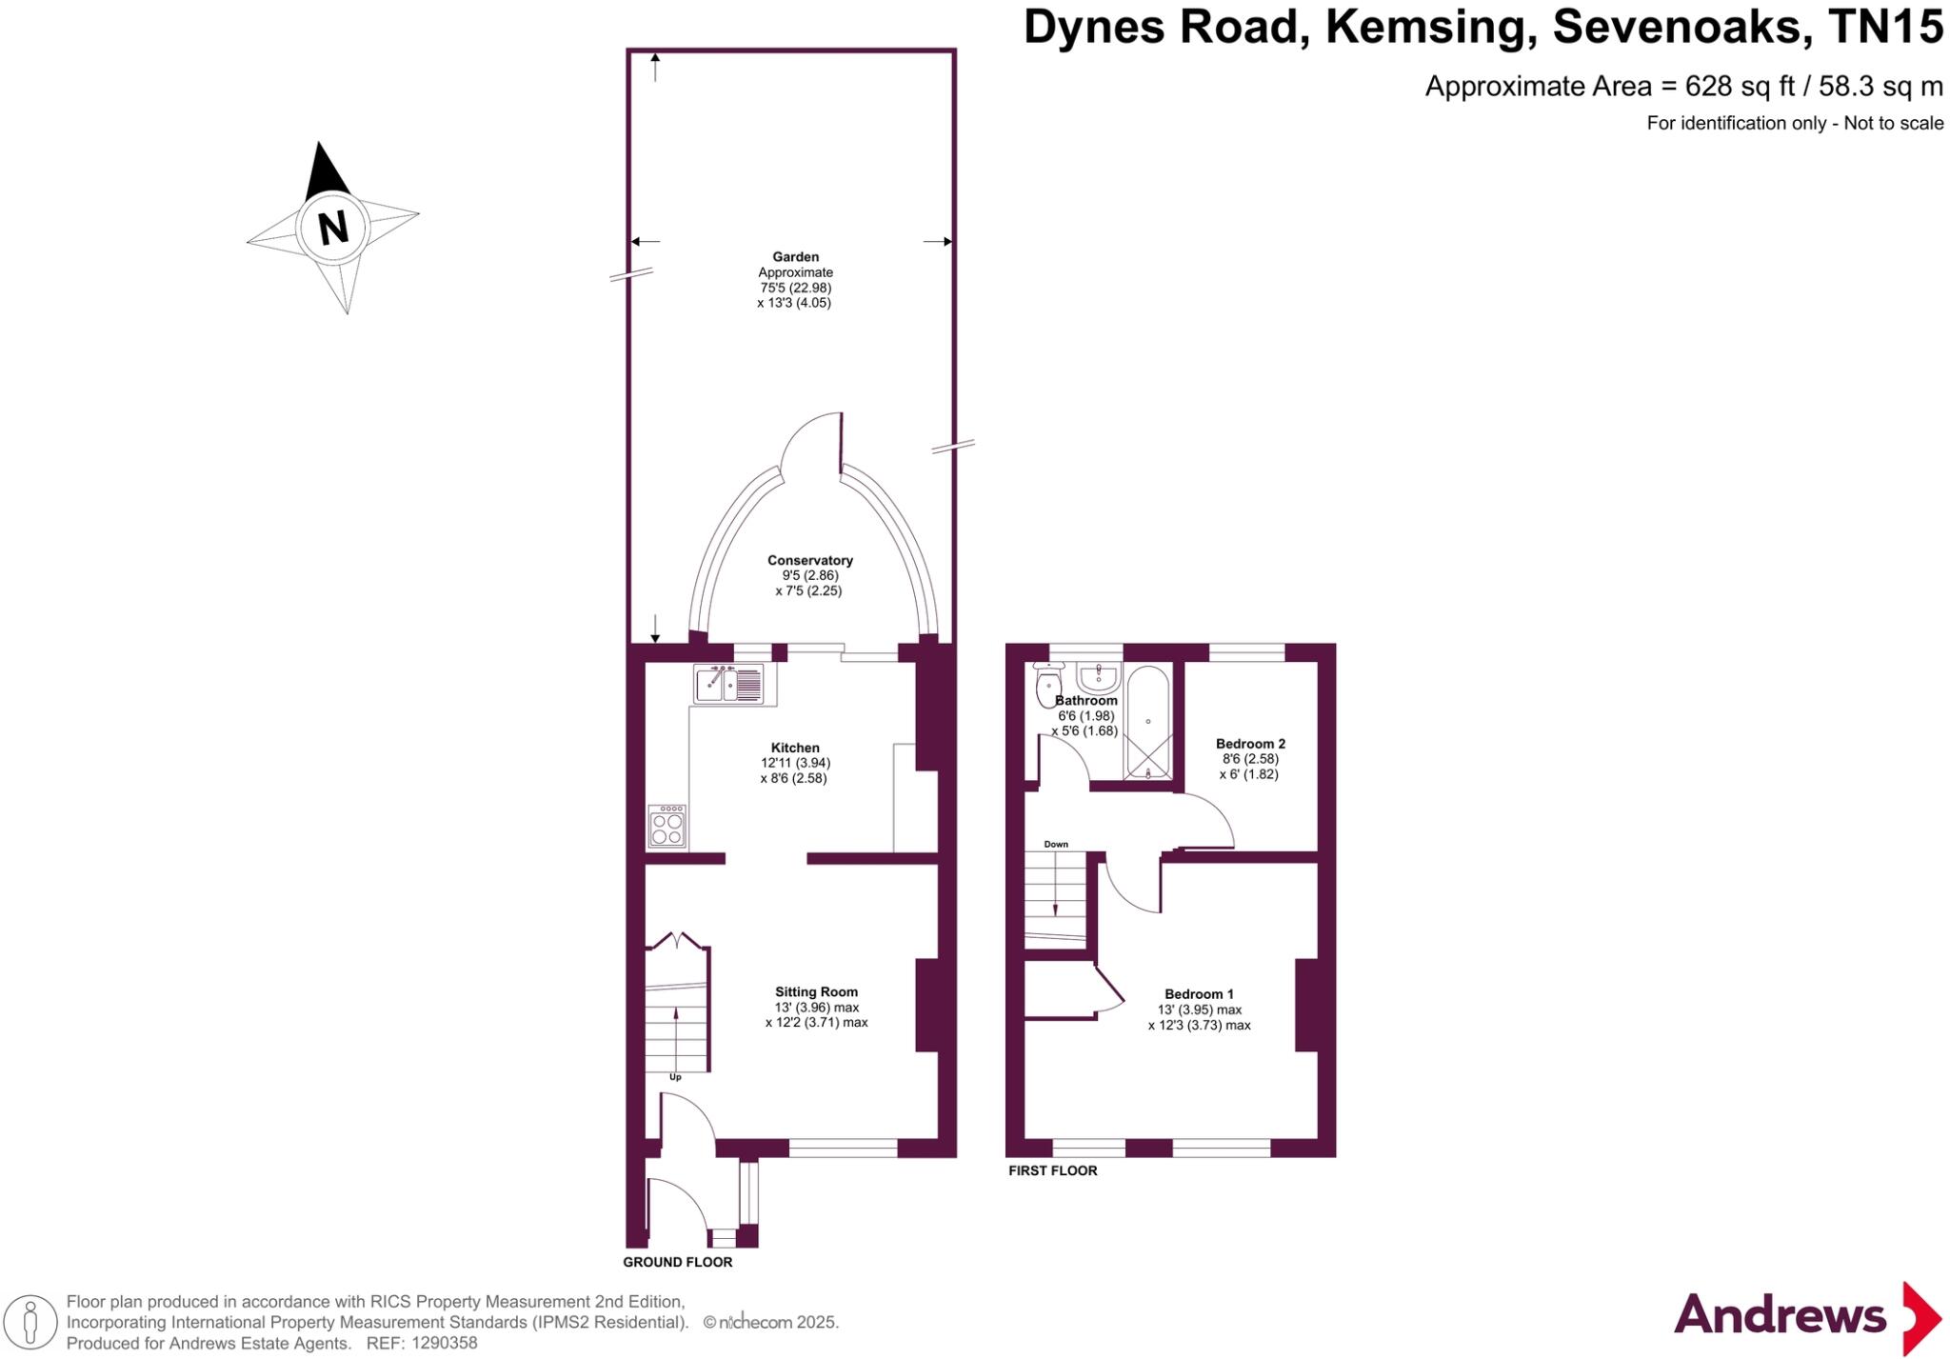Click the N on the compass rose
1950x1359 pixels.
(332, 228)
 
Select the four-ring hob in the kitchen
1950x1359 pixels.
(667, 827)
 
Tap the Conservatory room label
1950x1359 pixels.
(810, 560)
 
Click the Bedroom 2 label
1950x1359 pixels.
(1250, 744)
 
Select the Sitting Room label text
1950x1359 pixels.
(816, 991)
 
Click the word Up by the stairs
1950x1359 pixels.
(675, 1077)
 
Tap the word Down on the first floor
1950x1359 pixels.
(1056, 844)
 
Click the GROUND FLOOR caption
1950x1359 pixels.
(677, 1262)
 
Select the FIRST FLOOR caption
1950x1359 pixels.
(1052, 1170)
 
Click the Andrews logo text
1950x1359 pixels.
(1779, 1316)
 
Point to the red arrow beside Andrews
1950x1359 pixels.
(1920, 1318)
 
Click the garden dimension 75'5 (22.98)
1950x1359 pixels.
(795, 288)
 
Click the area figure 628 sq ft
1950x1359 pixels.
(1739, 87)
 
